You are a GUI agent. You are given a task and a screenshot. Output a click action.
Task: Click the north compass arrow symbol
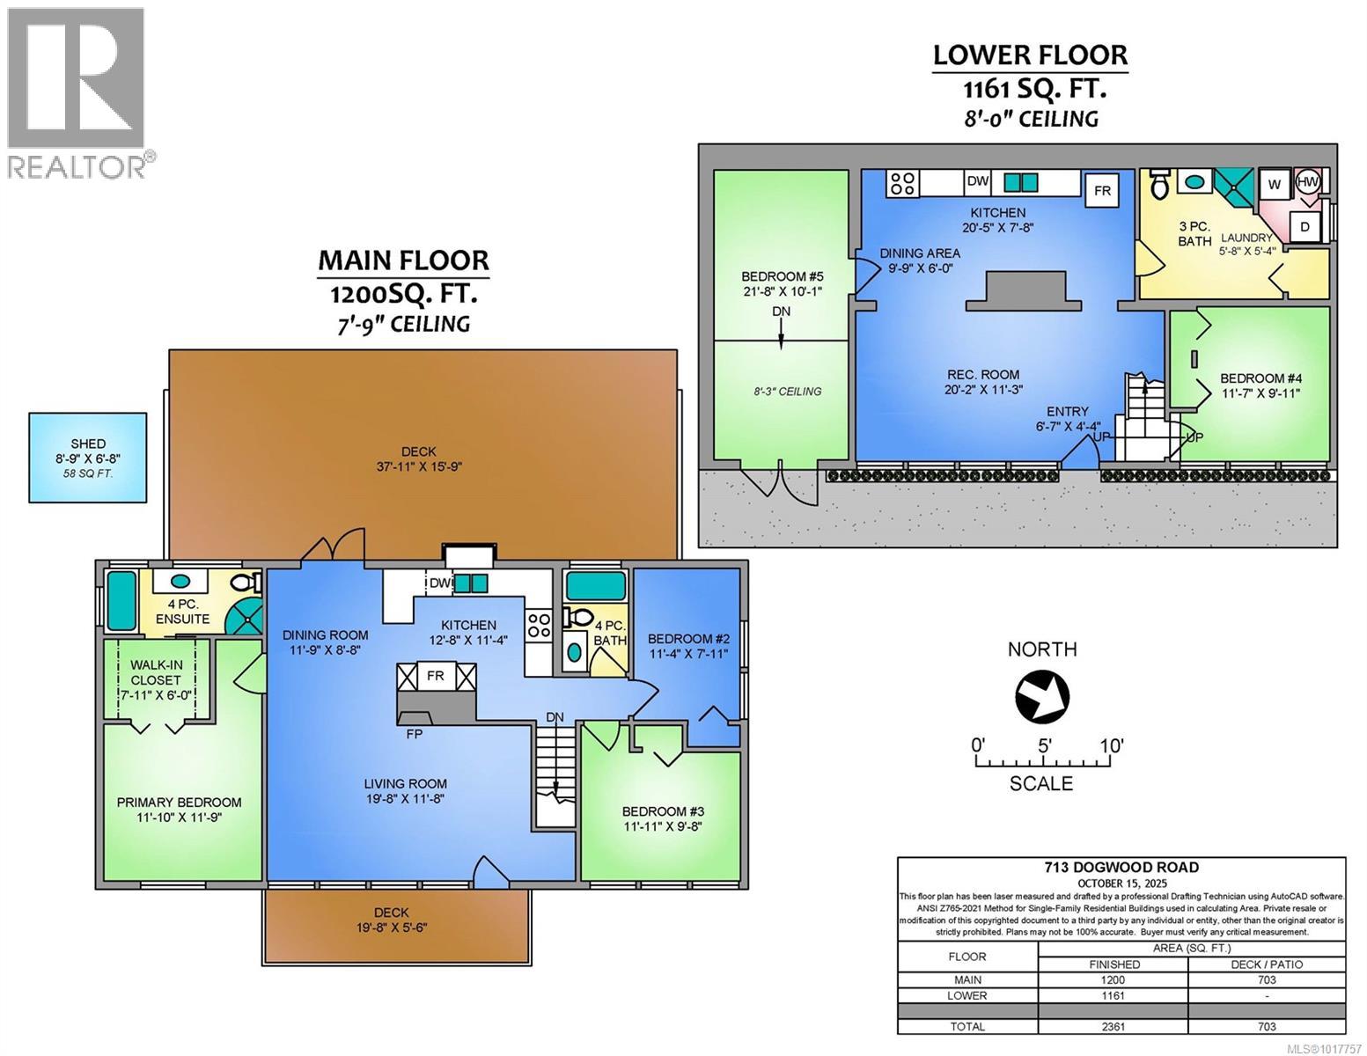pos(1042,697)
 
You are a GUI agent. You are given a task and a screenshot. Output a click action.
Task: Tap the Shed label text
pos(88,444)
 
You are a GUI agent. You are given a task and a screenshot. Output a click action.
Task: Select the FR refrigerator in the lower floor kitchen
pos(1102,190)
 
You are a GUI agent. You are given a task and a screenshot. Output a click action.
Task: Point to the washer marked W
pos(1275,184)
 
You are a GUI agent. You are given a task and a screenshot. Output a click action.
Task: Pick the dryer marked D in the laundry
pos(1305,226)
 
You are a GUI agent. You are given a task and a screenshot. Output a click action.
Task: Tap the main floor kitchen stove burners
pos(539,627)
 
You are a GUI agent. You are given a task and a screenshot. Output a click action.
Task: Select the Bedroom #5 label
pos(782,276)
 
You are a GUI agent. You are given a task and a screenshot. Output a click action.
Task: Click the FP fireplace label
pos(414,733)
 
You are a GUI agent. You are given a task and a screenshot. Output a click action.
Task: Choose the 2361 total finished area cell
pos(1113,1027)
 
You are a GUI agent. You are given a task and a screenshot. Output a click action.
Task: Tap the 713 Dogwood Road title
pos(1121,868)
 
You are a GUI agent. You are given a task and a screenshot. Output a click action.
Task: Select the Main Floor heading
pos(403,260)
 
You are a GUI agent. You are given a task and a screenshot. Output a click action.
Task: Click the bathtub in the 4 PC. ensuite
pos(121,601)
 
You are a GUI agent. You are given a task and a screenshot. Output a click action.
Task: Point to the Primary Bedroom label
pos(180,803)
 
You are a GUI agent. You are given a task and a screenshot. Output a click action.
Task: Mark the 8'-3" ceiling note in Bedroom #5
pos(788,392)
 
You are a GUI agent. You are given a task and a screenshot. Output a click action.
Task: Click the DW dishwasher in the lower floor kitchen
pos(978,181)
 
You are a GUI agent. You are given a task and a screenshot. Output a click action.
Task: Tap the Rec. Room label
pos(982,374)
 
